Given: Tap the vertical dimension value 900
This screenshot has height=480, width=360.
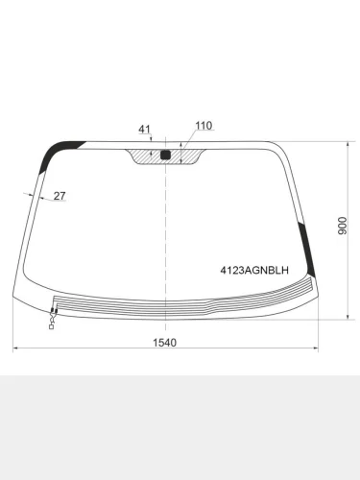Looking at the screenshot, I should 342,226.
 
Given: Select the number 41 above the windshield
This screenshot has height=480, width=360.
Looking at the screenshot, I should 145,129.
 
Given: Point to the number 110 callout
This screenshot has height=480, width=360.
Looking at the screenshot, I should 204,126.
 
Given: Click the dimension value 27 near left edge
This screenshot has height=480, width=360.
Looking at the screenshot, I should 60,196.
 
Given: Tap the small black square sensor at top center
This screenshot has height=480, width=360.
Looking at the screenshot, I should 165,154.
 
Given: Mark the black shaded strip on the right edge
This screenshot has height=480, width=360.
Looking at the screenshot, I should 307,249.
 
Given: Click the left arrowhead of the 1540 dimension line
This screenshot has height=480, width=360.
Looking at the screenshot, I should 15,350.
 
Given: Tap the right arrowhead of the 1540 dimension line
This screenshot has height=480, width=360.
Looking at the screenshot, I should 317,350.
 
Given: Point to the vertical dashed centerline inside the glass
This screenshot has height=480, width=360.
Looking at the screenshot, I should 166,230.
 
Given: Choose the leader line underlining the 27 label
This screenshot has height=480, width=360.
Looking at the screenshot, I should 53,203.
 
